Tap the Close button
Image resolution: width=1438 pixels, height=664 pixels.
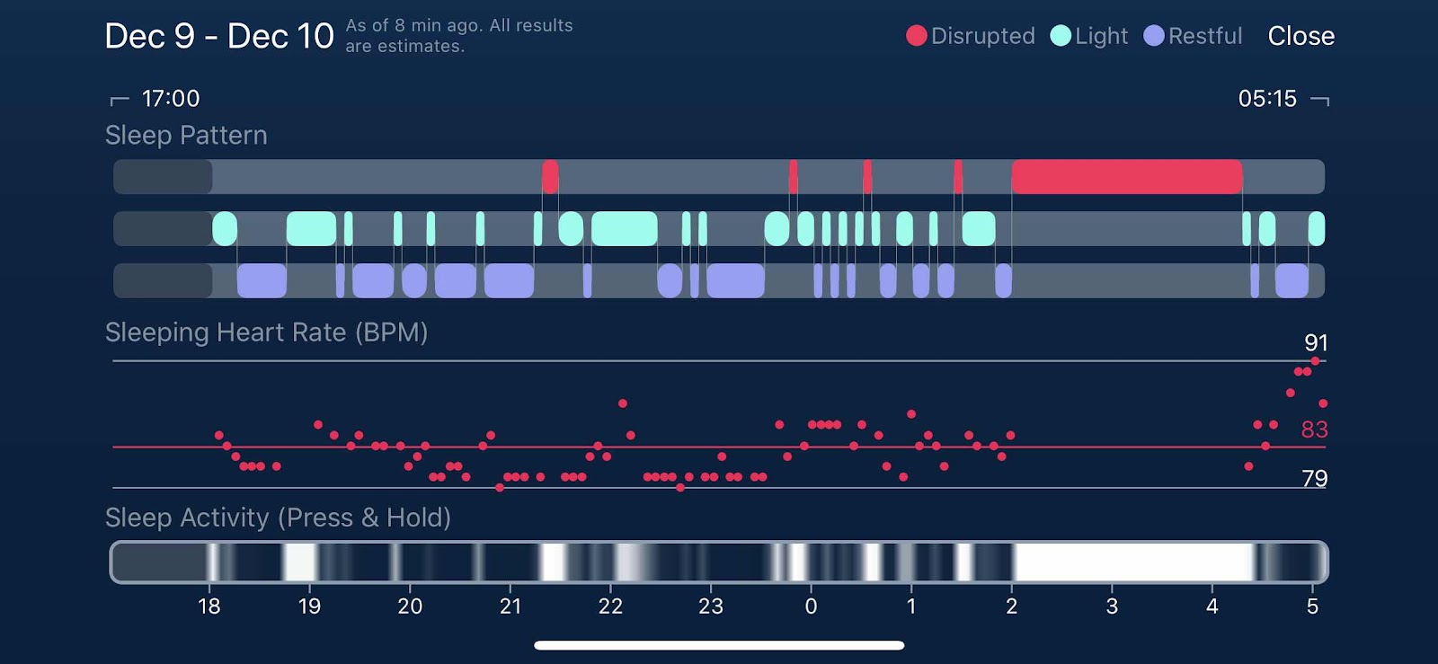(x=1300, y=36)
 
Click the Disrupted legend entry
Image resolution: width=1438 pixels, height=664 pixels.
(x=971, y=36)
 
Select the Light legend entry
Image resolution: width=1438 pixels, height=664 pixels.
(x=1089, y=36)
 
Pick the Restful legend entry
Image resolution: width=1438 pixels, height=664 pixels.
(x=1194, y=36)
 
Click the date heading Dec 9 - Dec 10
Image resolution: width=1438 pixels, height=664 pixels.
(x=219, y=36)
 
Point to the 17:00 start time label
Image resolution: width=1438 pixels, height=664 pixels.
(x=171, y=99)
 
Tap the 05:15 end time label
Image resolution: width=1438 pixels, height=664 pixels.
(x=1267, y=99)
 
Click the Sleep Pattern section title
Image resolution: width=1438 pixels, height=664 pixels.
(x=186, y=135)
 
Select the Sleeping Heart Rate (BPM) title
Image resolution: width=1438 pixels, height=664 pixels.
(x=266, y=332)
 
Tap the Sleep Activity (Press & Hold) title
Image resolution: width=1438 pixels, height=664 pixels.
(x=278, y=518)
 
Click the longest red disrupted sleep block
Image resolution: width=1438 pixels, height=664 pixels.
(x=1127, y=177)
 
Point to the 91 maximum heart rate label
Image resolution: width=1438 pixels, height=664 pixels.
(x=1316, y=342)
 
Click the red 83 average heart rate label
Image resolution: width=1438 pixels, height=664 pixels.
(x=1314, y=429)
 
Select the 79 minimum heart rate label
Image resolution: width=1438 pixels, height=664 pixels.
(x=1314, y=478)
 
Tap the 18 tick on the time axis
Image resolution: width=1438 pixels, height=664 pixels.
(x=209, y=606)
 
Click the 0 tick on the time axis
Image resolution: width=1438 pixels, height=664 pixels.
(x=811, y=606)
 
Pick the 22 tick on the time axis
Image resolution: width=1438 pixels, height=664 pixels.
(x=610, y=606)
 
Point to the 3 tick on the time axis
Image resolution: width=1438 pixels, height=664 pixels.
(x=1112, y=606)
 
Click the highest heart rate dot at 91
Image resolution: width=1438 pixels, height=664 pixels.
(x=1315, y=361)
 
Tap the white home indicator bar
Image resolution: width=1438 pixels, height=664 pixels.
(x=719, y=645)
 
